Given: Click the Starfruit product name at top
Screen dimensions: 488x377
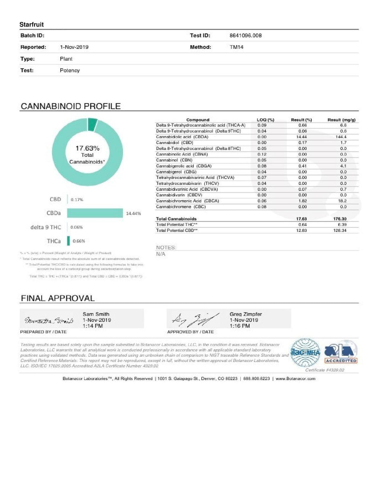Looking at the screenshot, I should pyautogui.click(x=31, y=25).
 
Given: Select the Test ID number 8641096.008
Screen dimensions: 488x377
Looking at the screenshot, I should pyautogui.click(x=245, y=36).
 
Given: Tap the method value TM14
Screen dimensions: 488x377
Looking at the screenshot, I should pyautogui.click(x=236, y=47).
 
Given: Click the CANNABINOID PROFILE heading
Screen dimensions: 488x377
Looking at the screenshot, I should pyautogui.click(x=71, y=106).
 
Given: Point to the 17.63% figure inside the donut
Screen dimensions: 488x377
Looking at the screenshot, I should pyautogui.click(x=87, y=148).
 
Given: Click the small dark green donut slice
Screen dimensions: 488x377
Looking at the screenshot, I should pyautogui.click(x=92, y=124).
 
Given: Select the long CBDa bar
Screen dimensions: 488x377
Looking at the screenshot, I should pyautogui.click(x=95, y=213).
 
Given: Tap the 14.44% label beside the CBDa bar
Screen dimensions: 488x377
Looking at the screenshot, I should pyautogui.click(x=133, y=213).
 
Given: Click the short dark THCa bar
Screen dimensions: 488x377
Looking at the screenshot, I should pyautogui.click(x=68, y=241).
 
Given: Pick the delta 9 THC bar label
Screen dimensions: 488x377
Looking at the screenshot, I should pyautogui.click(x=46, y=227).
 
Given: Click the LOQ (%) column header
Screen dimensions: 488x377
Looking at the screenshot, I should pyautogui.click(x=265, y=120).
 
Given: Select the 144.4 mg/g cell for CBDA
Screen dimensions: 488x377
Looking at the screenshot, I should pyautogui.click(x=341, y=137).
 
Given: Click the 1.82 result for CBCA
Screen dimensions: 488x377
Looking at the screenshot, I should pyautogui.click(x=303, y=201).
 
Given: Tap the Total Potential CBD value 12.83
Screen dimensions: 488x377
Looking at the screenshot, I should pyautogui.click(x=302, y=230).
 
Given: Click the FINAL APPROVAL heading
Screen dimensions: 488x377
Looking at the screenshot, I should pyautogui.click(x=57, y=298).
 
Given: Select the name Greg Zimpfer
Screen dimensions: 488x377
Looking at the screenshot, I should pyautogui.click(x=245, y=314).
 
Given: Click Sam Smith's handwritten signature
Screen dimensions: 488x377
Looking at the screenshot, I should pyautogui.click(x=49, y=321).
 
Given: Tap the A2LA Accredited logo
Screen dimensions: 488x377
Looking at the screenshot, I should pyautogui.click(x=341, y=352).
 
